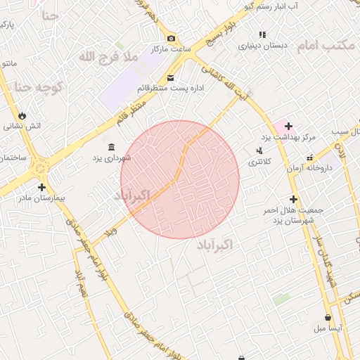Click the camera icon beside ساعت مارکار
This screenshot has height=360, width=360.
(x=171, y=38)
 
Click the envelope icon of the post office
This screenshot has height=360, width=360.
(x=171, y=77)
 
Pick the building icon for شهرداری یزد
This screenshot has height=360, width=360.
(x=112, y=146)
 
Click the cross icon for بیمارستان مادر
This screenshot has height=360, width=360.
(x=42, y=187)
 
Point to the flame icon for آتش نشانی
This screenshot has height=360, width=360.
(x=22, y=115)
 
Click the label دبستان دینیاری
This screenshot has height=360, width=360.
(x=263, y=46)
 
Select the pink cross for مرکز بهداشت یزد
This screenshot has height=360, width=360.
(x=288, y=125)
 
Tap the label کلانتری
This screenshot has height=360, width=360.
(x=263, y=162)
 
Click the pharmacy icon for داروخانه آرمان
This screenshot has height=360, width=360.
(x=309, y=157)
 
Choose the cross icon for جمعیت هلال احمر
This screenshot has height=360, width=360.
(x=293, y=199)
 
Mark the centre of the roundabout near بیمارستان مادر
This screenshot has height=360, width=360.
(x=39, y=167)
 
